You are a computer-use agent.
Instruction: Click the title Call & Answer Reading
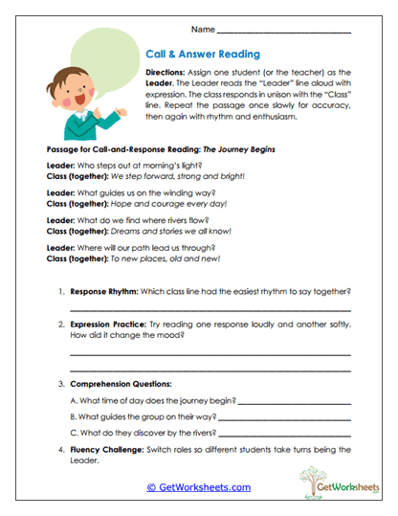(x=202, y=55)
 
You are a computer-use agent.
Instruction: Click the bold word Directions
(x=169, y=73)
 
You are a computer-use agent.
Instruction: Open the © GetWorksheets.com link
(x=198, y=487)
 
